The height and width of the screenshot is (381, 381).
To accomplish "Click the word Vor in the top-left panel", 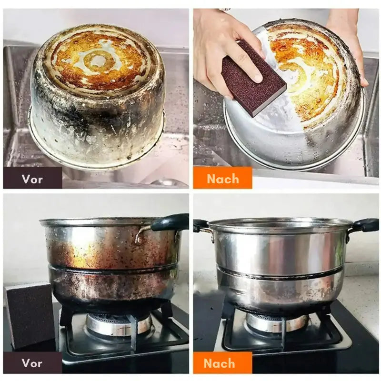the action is [x=32, y=180].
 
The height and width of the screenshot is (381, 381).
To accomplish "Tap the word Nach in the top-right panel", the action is [x=223, y=179].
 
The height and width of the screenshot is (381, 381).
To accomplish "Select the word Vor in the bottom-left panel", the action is [x=32, y=363].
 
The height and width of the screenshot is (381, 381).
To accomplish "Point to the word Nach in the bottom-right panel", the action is [x=219, y=363].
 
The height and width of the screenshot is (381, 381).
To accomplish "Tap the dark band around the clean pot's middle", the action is [x=277, y=275].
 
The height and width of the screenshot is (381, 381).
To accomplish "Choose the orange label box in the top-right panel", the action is [x=222, y=178].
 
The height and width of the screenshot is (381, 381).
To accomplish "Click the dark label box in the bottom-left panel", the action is [x=32, y=362].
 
